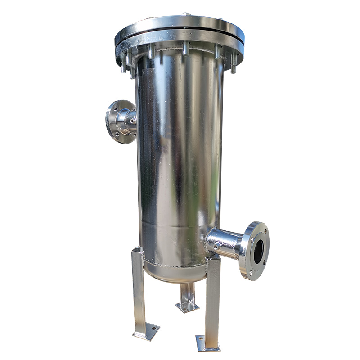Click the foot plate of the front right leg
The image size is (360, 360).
(207, 343)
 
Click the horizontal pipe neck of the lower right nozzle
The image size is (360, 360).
(225, 243)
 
